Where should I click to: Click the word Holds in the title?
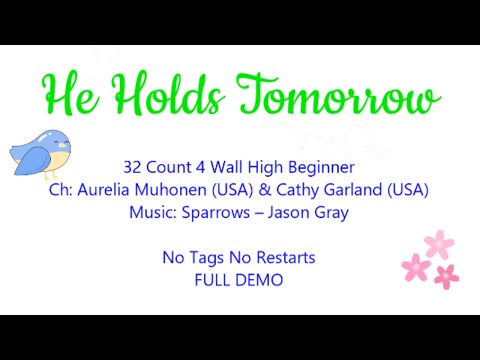tap(168, 96)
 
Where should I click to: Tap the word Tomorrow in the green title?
tap(340, 98)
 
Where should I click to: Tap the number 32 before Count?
tap(133, 167)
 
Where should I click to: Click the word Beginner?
tap(319, 167)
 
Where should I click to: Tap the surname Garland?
tap(351, 189)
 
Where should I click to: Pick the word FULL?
tap(212, 280)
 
